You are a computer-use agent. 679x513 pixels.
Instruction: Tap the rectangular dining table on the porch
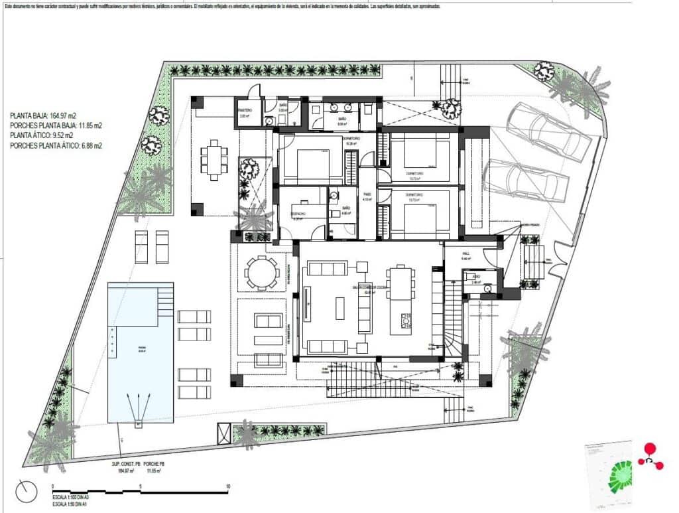(x=214, y=159)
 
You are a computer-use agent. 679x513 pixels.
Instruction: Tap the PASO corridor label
(x=367, y=196)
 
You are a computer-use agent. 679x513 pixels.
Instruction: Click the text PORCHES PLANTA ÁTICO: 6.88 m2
(x=56, y=145)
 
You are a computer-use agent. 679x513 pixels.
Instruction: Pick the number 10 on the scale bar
(x=227, y=486)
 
